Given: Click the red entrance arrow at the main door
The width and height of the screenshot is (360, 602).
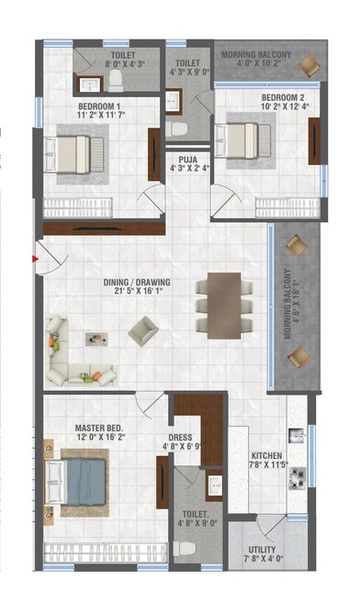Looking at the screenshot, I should pyautogui.click(x=34, y=260).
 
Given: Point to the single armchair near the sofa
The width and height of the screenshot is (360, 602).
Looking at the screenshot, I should pyautogui.click(x=141, y=330).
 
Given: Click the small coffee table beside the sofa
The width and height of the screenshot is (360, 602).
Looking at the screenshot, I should pyautogui.click(x=96, y=339).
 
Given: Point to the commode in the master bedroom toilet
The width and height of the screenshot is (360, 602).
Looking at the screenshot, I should pyautogui.click(x=186, y=548).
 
